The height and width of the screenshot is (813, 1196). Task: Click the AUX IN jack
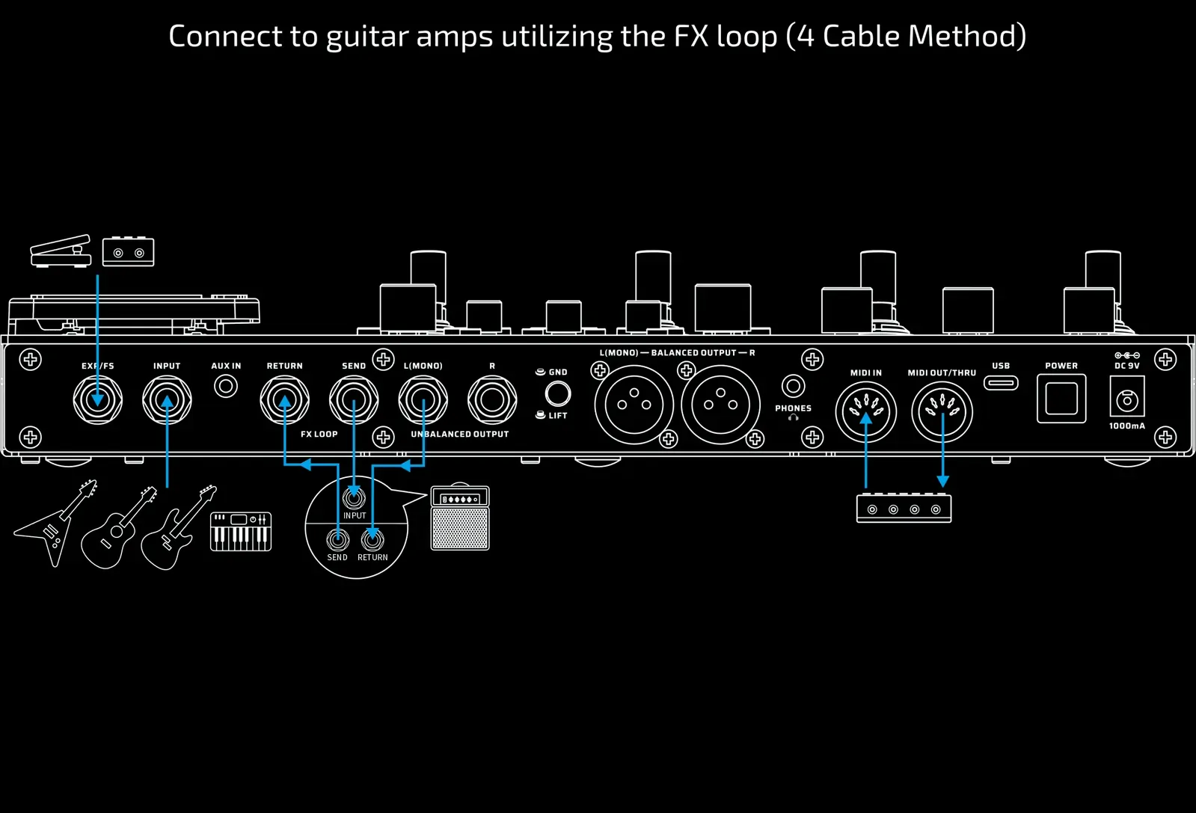[225, 387]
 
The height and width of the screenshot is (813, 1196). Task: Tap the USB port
[1001, 383]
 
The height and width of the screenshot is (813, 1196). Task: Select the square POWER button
[1061, 399]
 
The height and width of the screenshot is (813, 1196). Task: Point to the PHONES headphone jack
[793, 386]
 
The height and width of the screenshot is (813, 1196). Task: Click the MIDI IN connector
[865, 411]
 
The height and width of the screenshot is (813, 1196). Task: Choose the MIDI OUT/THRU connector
[942, 411]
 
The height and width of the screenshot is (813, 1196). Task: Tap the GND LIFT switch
[557, 393]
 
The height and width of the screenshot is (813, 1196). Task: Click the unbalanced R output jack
[491, 399]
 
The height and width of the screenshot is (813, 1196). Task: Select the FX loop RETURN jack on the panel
[284, 399]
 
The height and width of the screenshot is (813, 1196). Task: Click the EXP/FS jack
[97, 399]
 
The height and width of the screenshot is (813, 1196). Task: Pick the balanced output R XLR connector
[720, 405]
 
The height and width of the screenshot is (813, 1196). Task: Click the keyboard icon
[241, 531]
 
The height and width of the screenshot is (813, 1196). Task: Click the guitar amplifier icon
[460, 518]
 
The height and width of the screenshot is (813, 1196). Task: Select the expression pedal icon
[61, 251]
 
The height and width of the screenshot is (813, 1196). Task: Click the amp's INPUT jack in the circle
[354, 497]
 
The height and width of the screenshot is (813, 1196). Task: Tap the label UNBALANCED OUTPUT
[459, 434]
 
